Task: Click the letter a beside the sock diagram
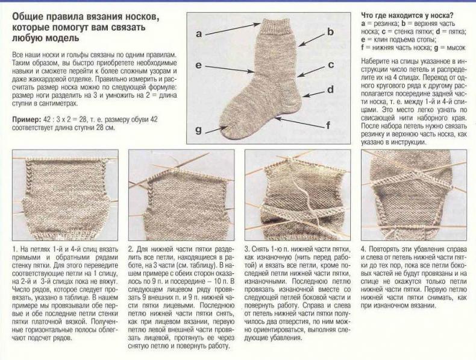point(199,33)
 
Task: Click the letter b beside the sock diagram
point(331,31)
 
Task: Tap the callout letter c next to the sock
point(331,65)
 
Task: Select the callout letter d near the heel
point(331,89)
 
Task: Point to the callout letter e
point(199,65)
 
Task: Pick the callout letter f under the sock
point(328,125)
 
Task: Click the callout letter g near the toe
point(199,130)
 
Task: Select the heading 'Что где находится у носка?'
point(407,16)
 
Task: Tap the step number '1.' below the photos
point(15,250)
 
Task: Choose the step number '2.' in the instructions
point(131,250)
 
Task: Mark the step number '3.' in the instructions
point(248,250)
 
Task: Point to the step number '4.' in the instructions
point(364,250)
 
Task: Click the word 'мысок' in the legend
point(456,48)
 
